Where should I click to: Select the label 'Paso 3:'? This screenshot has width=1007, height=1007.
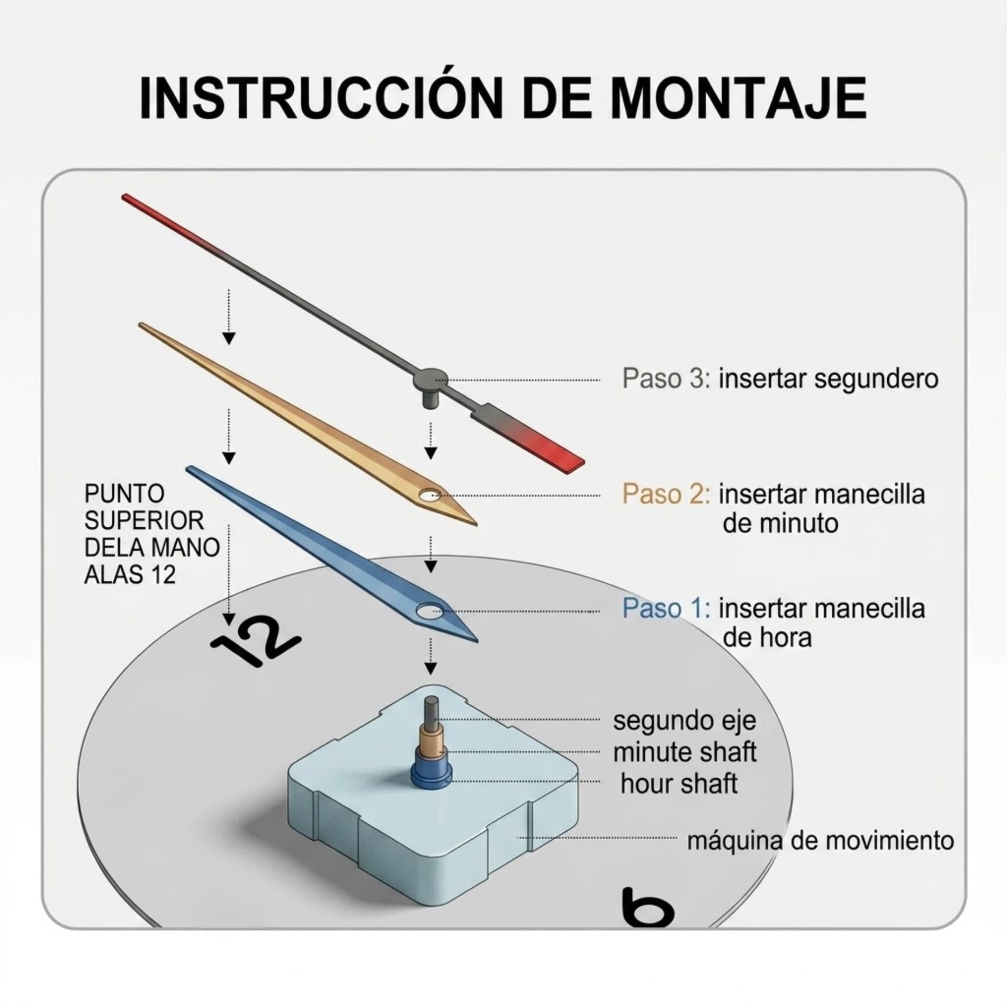click(666, 379)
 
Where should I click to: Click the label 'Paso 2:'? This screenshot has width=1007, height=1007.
click(666, 494)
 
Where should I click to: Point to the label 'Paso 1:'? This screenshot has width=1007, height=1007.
click(666, 608)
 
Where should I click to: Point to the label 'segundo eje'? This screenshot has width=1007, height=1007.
click(684, 721)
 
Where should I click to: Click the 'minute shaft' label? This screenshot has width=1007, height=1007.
click(684, 752)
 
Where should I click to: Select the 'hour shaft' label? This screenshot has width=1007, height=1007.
click(679, 783)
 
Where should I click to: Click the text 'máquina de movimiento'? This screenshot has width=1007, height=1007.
click(821, 841)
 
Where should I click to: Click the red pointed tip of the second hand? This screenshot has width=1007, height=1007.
click(124, 197)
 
